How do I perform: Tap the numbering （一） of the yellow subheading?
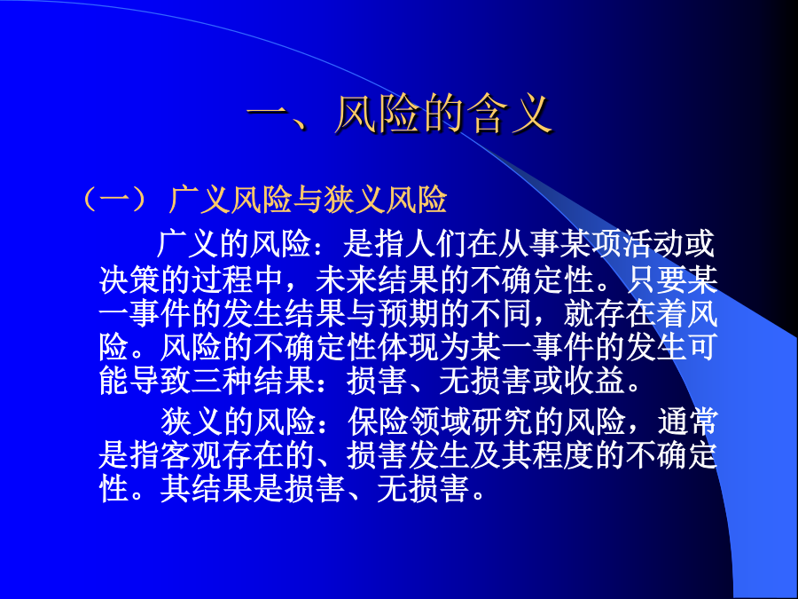[115, 199]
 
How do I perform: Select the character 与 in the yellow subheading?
[308, 199]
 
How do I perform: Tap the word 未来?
[346, 280]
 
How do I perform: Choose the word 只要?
[656, 280]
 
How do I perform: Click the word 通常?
[687, 422]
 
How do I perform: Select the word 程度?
[563, 456]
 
